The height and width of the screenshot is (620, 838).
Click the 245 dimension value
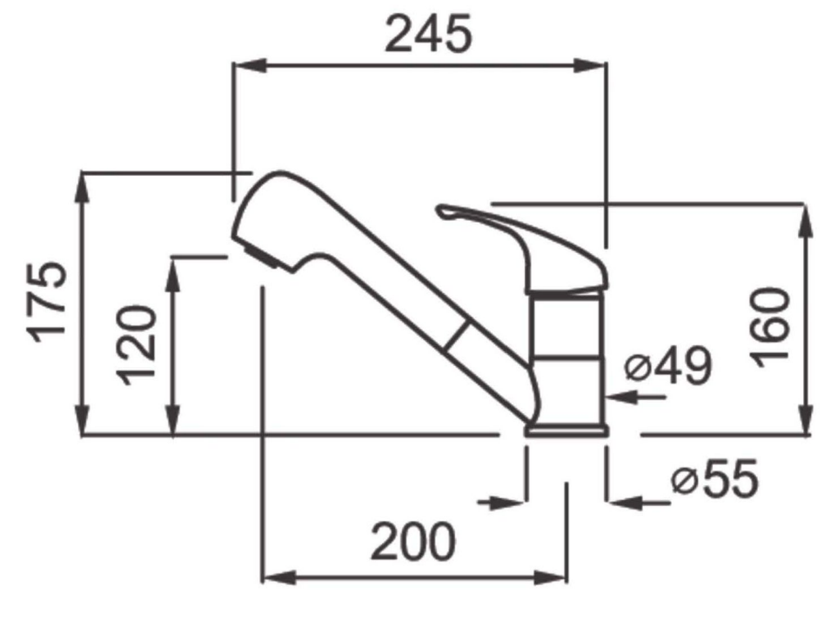pos(429,34)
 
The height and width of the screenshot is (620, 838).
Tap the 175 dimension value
pos(47,302)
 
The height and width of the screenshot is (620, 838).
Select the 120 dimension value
pos(137,345)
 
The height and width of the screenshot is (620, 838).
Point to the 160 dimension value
pos(769,327)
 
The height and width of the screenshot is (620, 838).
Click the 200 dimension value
pos(413,542)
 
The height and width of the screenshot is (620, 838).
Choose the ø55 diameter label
pos(715,478)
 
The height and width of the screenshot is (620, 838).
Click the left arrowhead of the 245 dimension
pos(250,66)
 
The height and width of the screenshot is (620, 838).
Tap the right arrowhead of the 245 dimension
pos(589,66)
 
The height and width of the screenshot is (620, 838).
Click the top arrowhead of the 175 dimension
pos(81,189)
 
